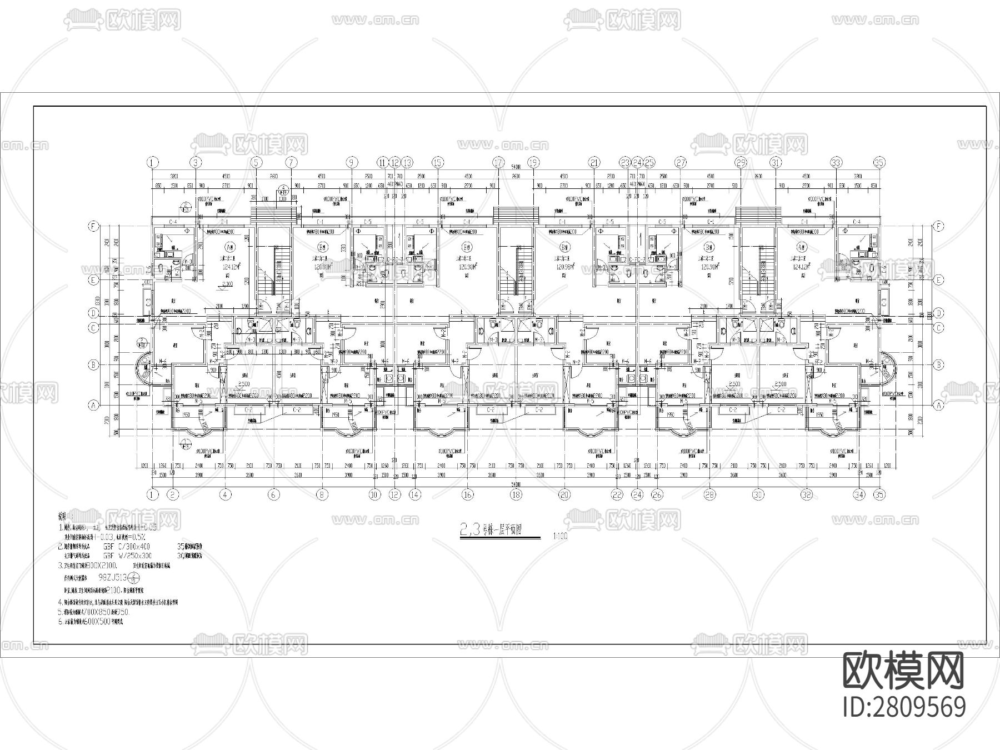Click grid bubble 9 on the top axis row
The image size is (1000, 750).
pyautogui.click(x=352, y=163)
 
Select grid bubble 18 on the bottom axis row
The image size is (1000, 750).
pyautogui.click(x=516, y=494)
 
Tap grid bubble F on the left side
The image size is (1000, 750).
pyautogui.click(x=94, y=227)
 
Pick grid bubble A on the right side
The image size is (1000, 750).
pyautogui.click(x=939, y=406)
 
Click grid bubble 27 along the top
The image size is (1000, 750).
pyautogui.click(x=681, y=163)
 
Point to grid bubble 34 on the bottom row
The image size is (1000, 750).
pyautogui.click(x=859, y=494)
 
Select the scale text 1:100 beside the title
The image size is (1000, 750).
pyautogui.click(x=560, y=537)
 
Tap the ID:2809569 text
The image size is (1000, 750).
pyautogui.click(x=904, y=707)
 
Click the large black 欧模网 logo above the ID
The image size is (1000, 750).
pyautogui.click(x=904, y=669)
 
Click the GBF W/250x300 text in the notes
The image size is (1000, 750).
pyautogui.click(x=127, y=555)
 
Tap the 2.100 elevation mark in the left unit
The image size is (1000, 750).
pyautogui.click(x=227, y=284)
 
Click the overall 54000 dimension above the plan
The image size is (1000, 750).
pyautogui.click(x=516, y=167)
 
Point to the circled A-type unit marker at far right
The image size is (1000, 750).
pyautogui.click(x=801, y=247)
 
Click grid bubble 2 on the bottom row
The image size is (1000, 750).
pyautogui.click(x=173, y=494)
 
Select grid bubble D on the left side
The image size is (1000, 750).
pyautogui.click(x=94, y=313)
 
